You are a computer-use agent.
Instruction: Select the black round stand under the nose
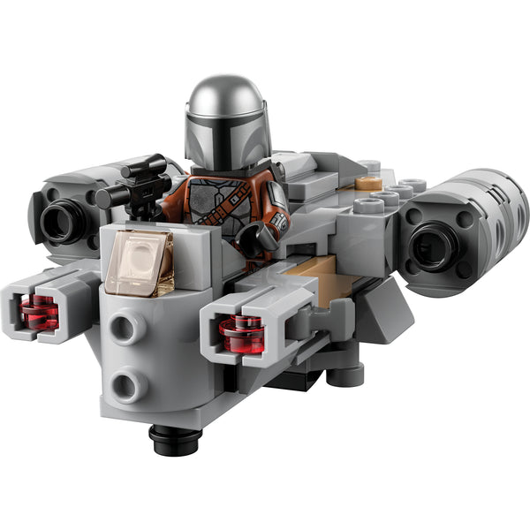coord(172,438)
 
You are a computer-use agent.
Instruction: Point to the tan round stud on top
coord(368,184)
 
